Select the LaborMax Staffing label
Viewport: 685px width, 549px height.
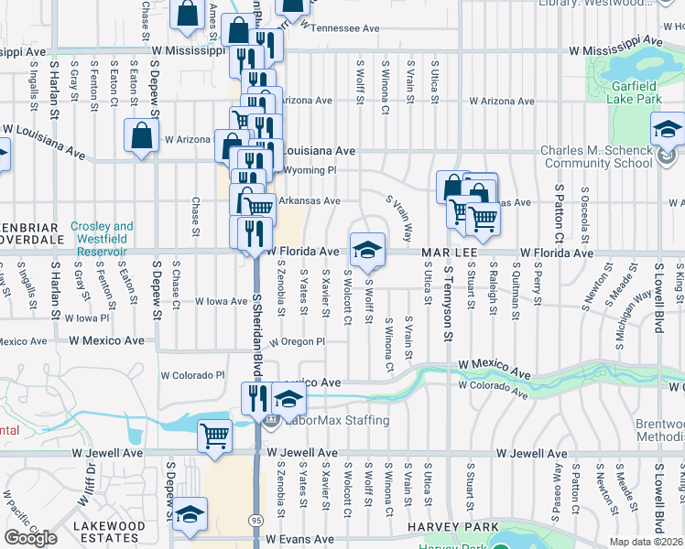pos(338,421)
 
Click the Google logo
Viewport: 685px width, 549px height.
pos(30,537)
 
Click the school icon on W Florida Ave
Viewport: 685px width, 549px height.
pos(366,250)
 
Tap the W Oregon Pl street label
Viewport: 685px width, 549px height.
pos(298,341)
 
